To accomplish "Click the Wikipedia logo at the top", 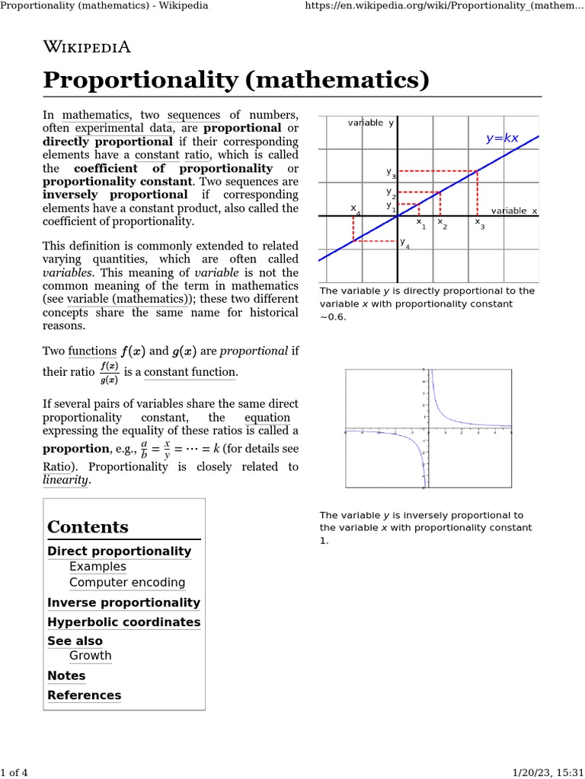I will point(87,47).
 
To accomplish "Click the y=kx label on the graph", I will point(502,138).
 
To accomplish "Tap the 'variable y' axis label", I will point(370,122).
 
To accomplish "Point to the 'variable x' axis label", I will point(514,211).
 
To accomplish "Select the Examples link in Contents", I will point(97,567).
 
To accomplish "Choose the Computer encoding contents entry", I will point(126,583).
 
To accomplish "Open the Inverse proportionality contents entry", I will point(123,603).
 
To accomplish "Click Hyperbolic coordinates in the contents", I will point(123,622).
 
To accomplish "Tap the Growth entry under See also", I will point(90,656).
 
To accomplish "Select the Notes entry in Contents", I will point(66,676).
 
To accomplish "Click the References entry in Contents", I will point(84,695).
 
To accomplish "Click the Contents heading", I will point(88,527).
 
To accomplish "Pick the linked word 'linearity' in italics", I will point(66,480).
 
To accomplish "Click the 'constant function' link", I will point(190,372).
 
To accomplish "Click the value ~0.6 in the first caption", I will point(333,316).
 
